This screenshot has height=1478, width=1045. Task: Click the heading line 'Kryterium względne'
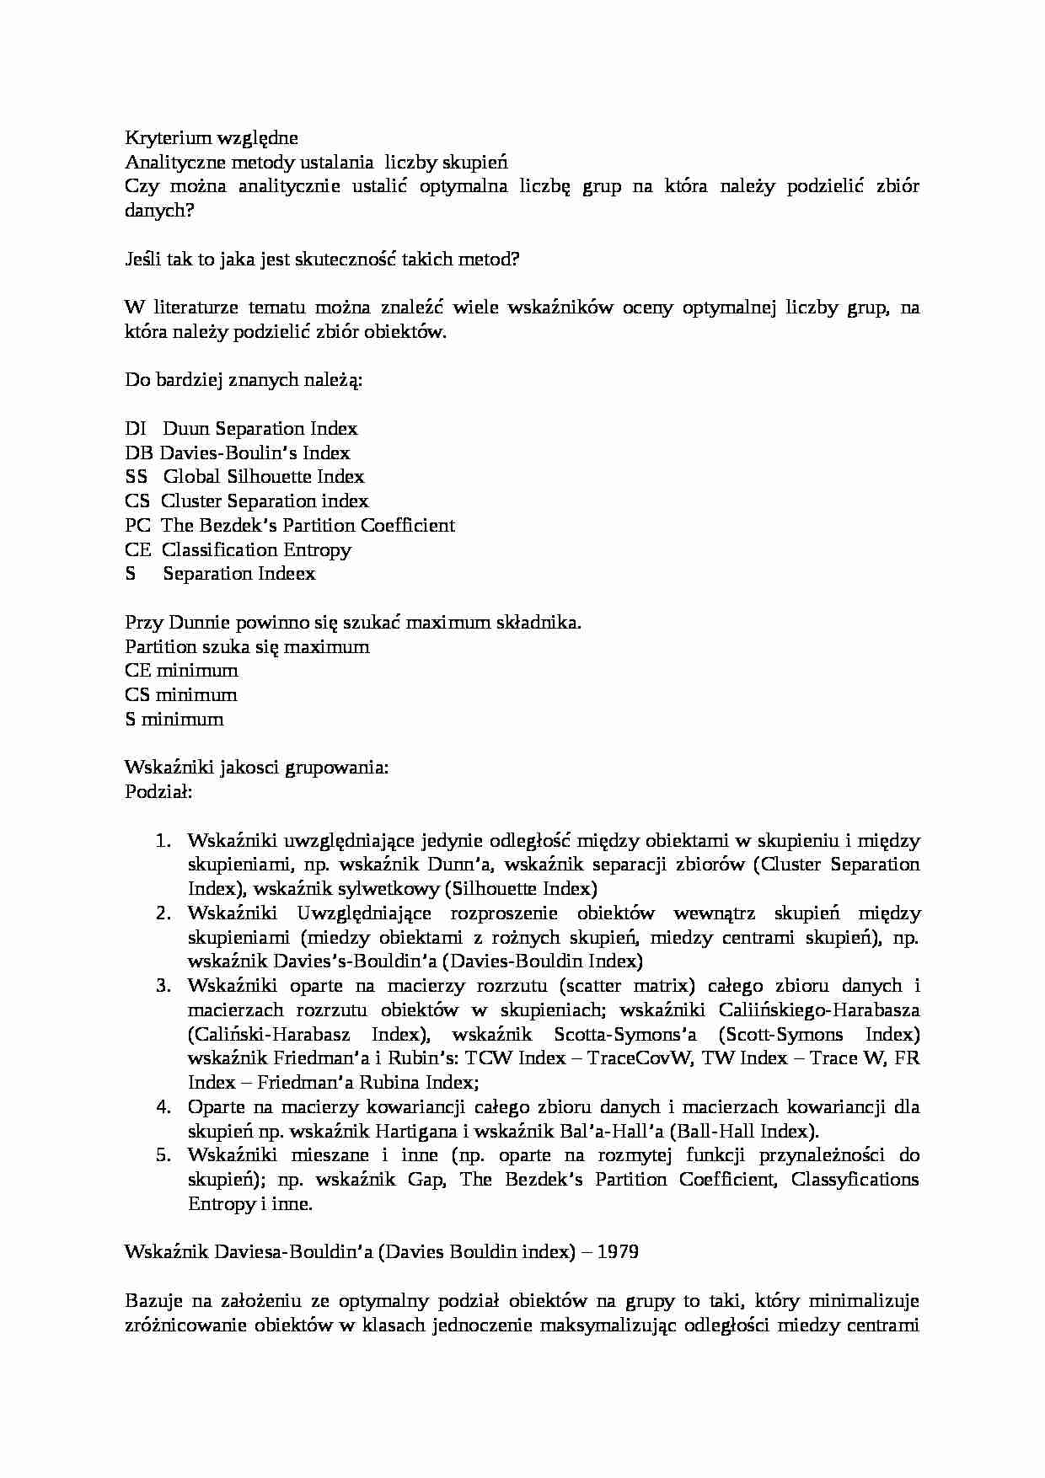pos(211,137)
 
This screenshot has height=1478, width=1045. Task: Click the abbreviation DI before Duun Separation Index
pos(135,428)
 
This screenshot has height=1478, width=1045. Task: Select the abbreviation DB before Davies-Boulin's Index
pos(139,453)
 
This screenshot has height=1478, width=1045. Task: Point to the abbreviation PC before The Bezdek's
pos(137,526)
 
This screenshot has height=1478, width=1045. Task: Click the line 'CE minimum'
pos(181,671)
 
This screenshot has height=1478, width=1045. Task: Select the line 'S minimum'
pos(174,720)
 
